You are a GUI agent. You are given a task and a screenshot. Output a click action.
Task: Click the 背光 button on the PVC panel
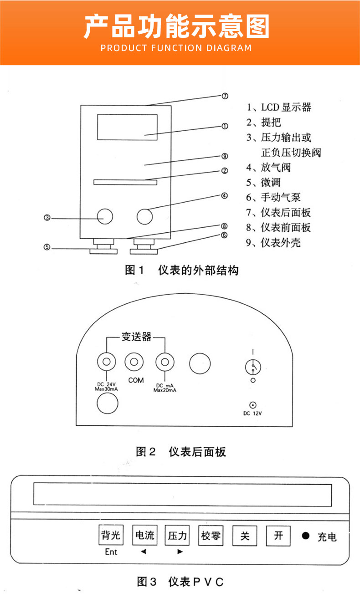111,536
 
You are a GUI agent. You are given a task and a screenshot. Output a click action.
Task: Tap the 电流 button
144,536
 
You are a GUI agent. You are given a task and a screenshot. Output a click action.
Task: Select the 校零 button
211,536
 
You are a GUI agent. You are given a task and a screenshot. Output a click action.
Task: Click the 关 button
245,536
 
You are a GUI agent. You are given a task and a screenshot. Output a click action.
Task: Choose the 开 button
278,536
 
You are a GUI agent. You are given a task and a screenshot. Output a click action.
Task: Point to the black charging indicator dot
305,536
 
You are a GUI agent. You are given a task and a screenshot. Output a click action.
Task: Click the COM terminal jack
135,363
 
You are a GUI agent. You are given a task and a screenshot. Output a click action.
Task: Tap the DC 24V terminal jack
107,363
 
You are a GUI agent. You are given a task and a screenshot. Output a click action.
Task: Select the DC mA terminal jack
165,363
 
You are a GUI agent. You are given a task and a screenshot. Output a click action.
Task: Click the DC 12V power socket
252,404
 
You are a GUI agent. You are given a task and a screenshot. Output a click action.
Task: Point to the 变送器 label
136,337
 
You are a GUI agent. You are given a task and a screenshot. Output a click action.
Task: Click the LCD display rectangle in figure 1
127,127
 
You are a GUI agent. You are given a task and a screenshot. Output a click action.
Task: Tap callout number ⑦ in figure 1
225,96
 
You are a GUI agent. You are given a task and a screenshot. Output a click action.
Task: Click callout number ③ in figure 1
47,218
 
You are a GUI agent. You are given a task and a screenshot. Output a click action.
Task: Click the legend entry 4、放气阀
269,167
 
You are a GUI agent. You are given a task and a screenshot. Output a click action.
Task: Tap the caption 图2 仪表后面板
181,451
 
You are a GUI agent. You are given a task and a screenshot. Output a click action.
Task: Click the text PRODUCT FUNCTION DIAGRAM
176,48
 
